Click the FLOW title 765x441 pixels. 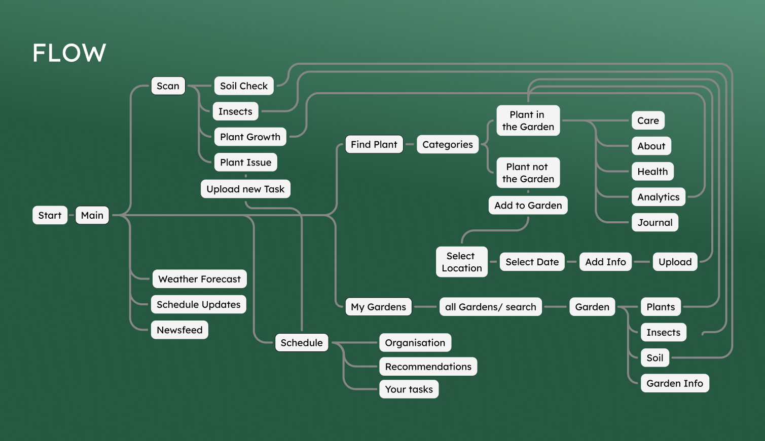click(69, 53)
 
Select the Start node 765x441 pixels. click(50, 215)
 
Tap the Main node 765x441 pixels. click(92, 215)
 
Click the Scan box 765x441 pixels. click(168, 86)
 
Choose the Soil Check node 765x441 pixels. click(243, 86)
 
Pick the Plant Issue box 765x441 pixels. click(245, 163)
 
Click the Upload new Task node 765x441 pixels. click(245, 189)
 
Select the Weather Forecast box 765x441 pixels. click(199, 279)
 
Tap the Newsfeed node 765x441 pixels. click(179, 330)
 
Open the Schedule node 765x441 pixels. click(302, 343)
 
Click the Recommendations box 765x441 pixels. click(428, 367)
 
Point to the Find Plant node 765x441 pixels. click(374, 144)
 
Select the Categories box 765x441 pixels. click(447, 144)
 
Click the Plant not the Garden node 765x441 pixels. click(528, 173)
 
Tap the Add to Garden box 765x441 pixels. click(528, 205)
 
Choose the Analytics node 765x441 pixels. click(658, 197)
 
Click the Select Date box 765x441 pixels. click(532, 262)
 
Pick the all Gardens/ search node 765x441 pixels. click(490, 307)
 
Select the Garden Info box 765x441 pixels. click(674, 383)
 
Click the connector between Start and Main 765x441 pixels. click(71, 215)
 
